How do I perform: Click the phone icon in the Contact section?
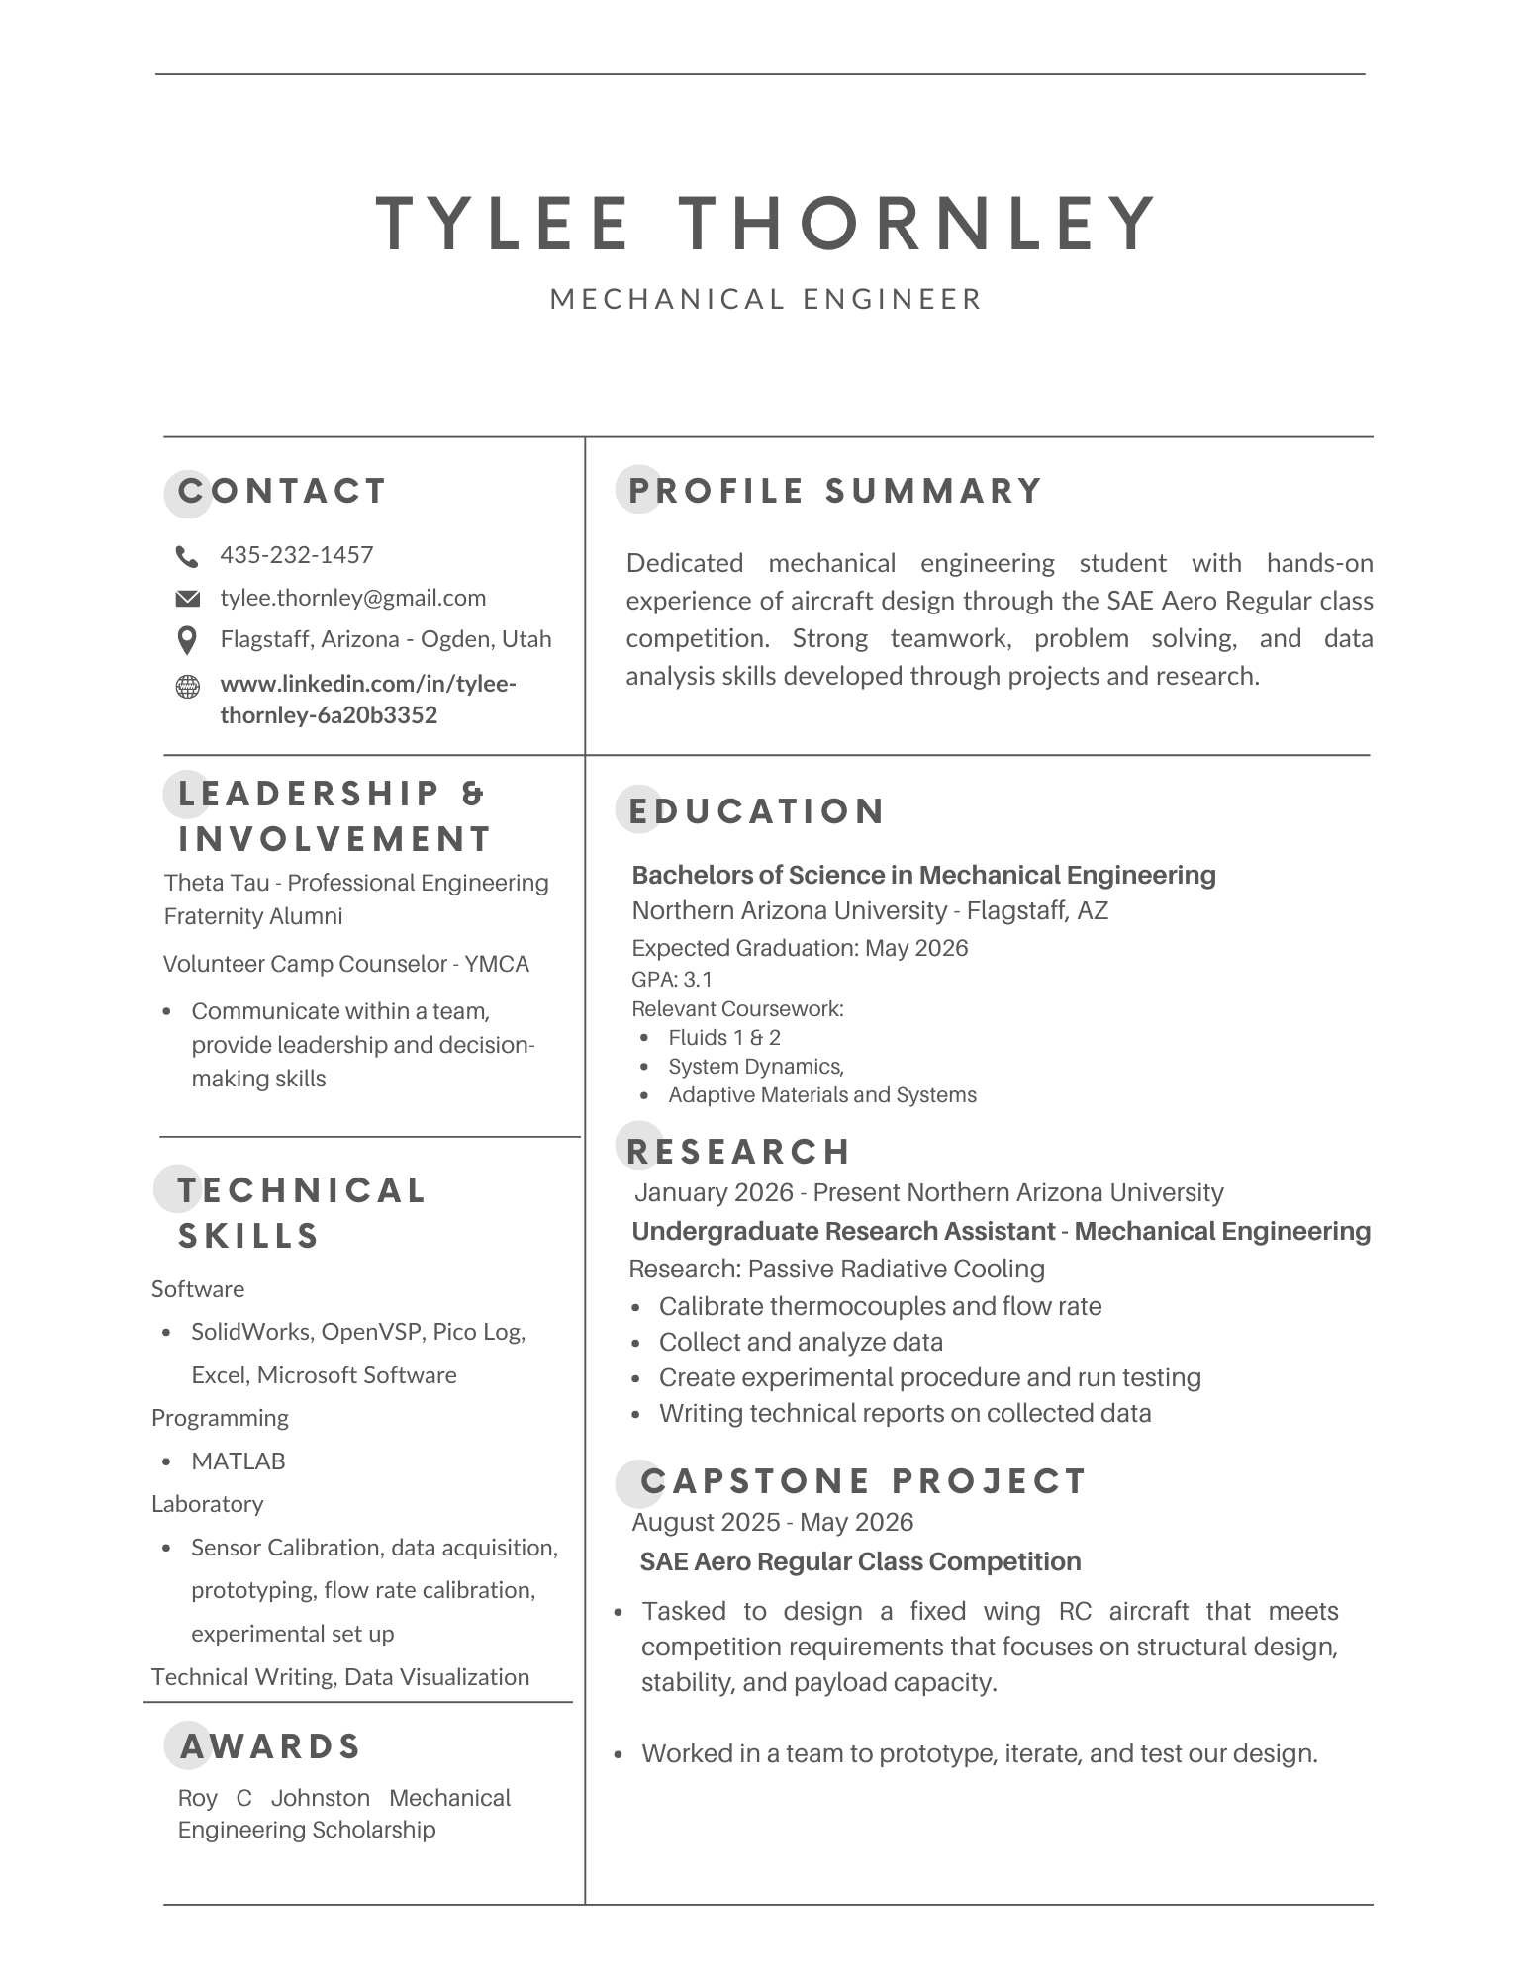[x=186, y=556]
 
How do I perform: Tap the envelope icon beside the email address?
[x=186, y=599]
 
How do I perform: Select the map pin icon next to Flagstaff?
[x=186, y=640]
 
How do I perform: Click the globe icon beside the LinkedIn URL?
[x=186, y=686]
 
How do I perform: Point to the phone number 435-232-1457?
[x=296, y=555]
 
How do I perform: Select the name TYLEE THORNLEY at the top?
[x=766, y=223]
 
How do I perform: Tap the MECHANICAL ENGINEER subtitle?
[x=766, y=299]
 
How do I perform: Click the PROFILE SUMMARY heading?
[x=835, y=491]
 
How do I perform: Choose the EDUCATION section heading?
[x=757, y=811]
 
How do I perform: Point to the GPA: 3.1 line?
[x=672, y=980]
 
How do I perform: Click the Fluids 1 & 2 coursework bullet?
[x=723, y=1038]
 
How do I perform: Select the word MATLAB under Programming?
[x=238, y=1461]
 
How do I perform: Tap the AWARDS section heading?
[x=270, y=1746]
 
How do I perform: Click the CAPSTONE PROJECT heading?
[x=863, y=1481]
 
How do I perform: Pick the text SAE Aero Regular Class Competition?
[x=860, y=1561]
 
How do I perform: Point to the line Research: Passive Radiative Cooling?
[x=836, y=1269]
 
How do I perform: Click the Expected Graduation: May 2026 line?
[x=800, y=948]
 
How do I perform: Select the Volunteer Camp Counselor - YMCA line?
[x=346, y=964]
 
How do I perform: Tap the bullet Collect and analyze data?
[x=801, y=1342]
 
